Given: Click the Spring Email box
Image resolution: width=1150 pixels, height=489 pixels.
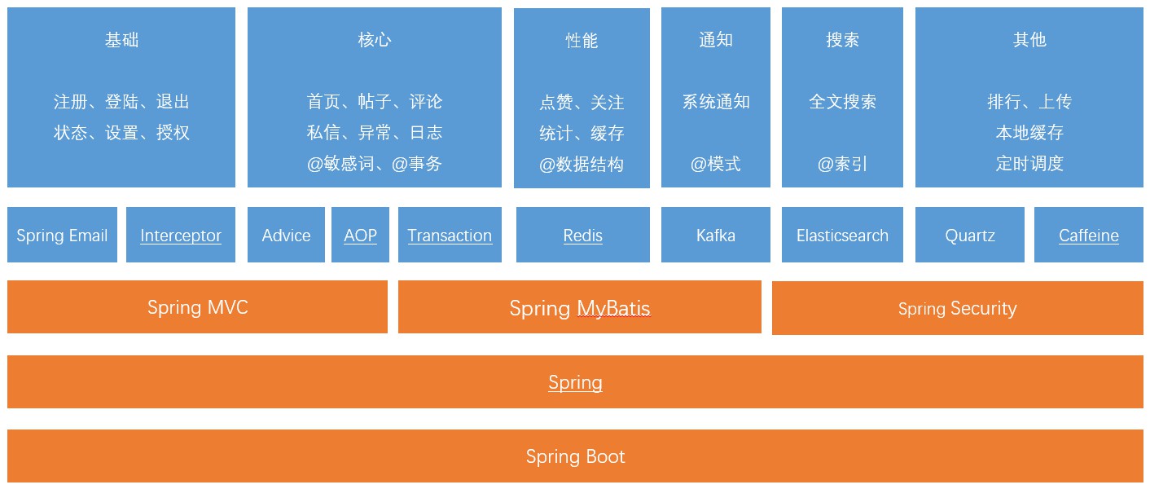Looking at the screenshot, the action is point(62,235).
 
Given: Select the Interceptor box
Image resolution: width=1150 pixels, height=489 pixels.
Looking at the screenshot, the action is point(181,235).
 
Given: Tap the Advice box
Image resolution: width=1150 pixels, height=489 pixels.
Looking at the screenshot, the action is point(286,235).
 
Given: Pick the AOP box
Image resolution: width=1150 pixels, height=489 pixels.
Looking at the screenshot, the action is point(361,235).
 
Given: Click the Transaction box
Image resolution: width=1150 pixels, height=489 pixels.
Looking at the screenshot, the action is point(450,235).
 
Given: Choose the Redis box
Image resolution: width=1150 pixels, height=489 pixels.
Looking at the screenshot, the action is point(582,235).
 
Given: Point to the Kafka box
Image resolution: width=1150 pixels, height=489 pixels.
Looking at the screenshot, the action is point(716,235).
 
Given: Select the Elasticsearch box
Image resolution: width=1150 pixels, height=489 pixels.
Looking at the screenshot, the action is point(842,235).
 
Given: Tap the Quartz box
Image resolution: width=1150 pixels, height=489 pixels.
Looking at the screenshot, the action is point(970,235).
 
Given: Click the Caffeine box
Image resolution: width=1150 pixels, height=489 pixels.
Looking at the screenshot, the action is point(1089,235).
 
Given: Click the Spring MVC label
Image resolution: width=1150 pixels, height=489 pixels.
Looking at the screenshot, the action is point(198,308).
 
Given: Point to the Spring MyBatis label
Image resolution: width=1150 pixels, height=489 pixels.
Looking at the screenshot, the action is point(580,308).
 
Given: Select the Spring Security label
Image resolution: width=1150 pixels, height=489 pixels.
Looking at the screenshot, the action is point(958,308).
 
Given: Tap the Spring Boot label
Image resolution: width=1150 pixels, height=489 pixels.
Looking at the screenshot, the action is point(576,456).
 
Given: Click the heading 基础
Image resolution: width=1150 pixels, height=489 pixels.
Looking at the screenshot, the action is point(121,40).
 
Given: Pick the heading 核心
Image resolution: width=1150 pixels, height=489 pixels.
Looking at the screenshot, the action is point(375,40).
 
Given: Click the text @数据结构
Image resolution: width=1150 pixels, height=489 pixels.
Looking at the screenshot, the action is point(582,165).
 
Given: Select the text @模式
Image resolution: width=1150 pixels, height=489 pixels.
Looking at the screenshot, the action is point(716,164).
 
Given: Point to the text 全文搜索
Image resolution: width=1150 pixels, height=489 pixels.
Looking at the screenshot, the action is point(842,102).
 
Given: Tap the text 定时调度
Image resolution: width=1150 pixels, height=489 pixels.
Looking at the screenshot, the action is point(1029,163).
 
